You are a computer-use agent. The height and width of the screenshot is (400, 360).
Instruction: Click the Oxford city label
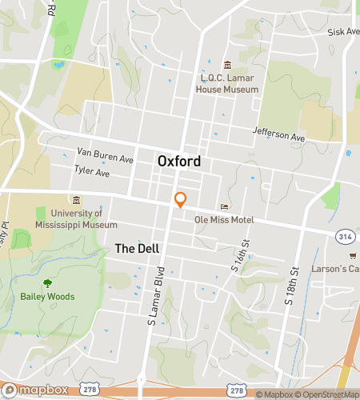[x=178, y=162]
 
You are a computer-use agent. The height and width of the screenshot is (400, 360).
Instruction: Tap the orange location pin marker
[x=181, y=199]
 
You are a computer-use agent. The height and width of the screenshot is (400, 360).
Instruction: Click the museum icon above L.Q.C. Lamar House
[x=227, y=65]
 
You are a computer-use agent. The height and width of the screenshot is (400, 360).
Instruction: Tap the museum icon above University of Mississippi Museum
[x=76, y=200]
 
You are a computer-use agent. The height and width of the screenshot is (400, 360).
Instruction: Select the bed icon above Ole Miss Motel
[x=224, y=206]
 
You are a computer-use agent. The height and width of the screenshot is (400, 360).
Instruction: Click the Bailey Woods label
[x=46, y=297]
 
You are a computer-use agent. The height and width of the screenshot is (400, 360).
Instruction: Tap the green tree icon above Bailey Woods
[x=46, y=282]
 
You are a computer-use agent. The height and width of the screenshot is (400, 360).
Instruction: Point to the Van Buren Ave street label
[x=105, y=154]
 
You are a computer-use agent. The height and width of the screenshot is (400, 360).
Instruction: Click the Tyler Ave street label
[x=91, y=171]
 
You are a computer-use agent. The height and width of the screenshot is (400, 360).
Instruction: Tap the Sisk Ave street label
[x=343, y=32]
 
